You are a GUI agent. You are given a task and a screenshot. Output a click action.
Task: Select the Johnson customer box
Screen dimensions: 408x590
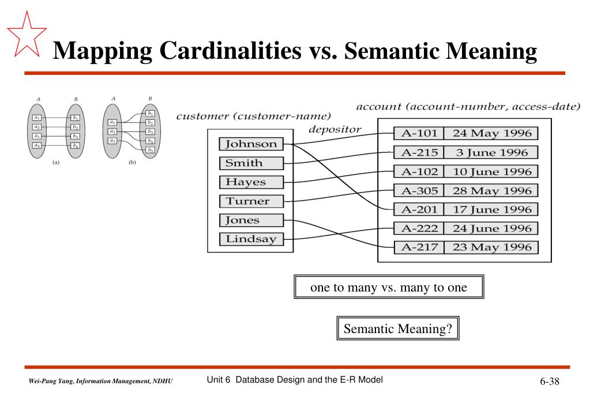(251, 144)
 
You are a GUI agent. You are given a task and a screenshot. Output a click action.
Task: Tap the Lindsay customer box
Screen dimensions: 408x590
(251, 239)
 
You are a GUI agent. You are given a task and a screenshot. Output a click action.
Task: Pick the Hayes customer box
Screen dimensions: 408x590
(251, 182)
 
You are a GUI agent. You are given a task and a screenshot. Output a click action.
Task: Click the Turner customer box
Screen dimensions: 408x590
(251, 201)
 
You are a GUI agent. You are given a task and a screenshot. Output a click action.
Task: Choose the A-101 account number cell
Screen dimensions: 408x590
(419, 134)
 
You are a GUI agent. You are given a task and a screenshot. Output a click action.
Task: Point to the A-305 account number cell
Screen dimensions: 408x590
(419, 191)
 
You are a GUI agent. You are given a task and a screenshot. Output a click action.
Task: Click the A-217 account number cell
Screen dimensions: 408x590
(419, 247)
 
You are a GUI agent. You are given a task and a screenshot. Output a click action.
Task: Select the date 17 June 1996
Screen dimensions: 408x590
(492, 209)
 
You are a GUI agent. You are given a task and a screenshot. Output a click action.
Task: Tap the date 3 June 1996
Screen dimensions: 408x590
(491, 153)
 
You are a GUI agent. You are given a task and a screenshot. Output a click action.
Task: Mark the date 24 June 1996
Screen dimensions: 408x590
(492, 228)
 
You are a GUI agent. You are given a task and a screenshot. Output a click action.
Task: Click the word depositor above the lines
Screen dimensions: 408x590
(335, 130)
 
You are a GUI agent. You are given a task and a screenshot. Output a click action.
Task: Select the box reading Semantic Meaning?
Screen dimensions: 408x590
(398, 329)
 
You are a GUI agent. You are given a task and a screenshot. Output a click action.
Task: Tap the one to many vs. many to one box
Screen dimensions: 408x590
(389, 287)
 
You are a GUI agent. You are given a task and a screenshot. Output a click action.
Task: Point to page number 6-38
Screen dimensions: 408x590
(550, 382)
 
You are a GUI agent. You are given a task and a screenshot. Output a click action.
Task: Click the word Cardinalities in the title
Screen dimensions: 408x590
(230, 51)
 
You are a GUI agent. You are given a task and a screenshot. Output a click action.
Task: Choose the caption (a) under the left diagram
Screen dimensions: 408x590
(56, 163)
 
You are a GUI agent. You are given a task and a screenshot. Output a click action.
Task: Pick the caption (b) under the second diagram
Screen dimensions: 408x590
(132, 163)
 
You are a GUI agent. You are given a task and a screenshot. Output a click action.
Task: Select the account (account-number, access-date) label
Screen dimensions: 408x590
(468, 107)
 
